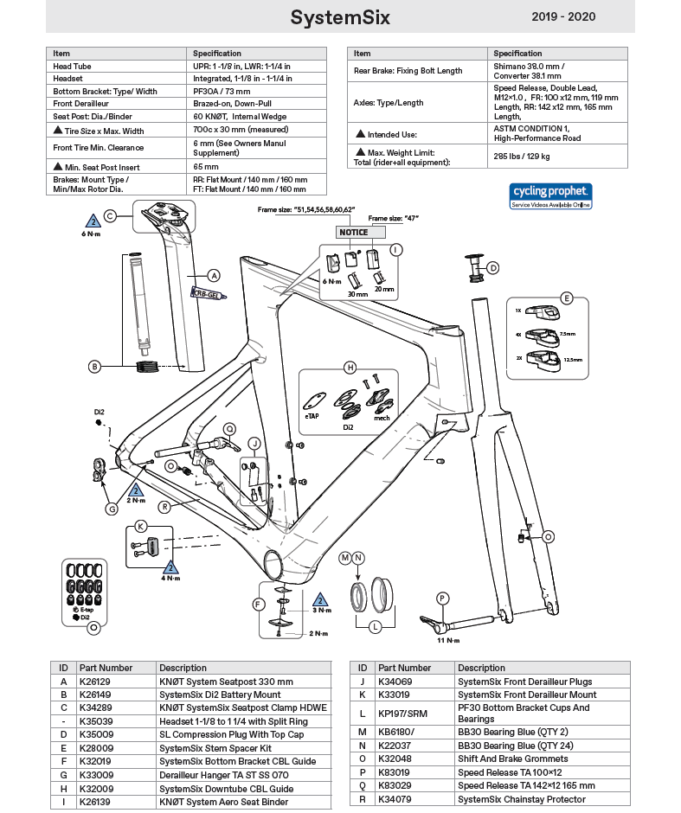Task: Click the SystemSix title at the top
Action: pos(339,17)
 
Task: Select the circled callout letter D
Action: pos(493,268)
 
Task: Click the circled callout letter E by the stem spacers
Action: pos(567,298)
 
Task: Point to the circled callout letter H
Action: pos(350,368)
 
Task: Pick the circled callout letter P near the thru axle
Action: pos(442,598)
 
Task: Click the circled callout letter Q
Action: pos(229,428)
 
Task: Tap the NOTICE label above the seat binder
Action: pos(353,232)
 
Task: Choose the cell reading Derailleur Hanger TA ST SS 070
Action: pos(223,775)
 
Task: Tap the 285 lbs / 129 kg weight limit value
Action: pos(522,157)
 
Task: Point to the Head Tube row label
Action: pos(74,66)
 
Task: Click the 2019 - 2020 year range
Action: pos(563,17)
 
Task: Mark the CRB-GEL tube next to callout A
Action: pos(208,295)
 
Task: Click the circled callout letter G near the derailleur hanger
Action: pos(112,509)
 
